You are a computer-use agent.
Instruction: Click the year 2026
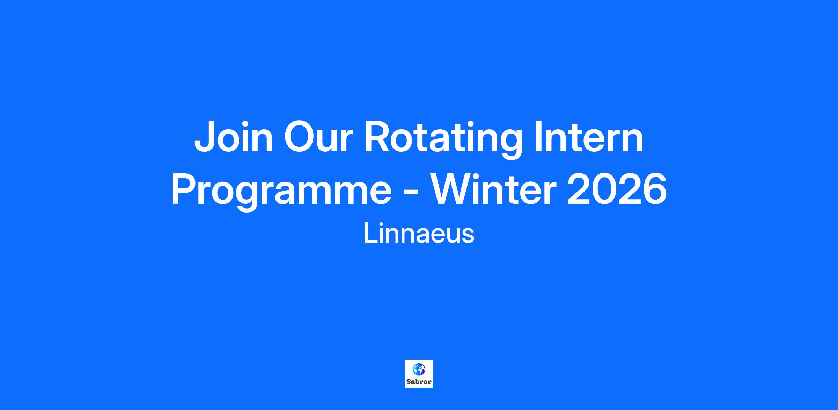(617, 189)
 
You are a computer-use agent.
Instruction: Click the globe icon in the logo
(419, 369)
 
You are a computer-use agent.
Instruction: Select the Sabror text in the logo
(419, 382)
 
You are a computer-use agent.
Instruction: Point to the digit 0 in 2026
(604, 189)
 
